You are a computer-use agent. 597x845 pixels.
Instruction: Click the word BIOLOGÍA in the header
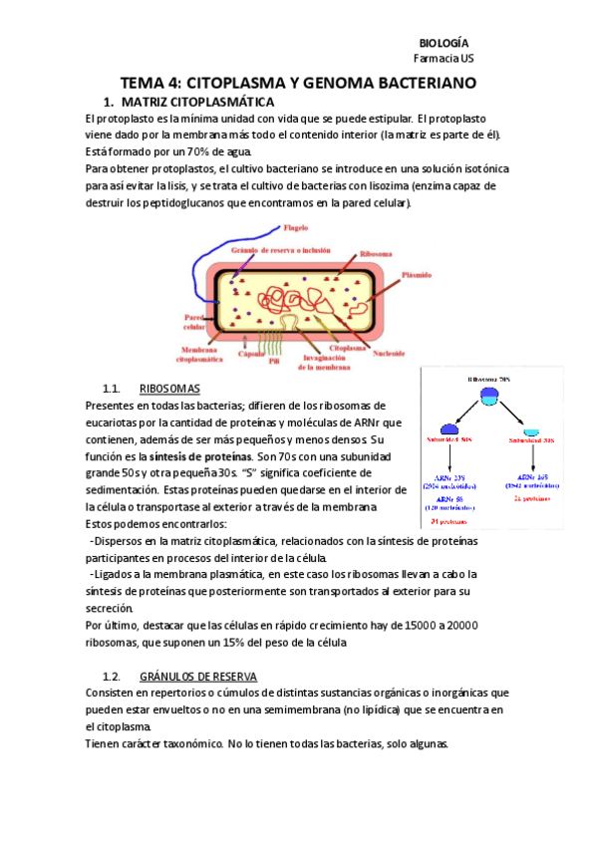point(444,43)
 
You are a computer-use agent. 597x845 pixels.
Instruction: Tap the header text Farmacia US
point(444,59)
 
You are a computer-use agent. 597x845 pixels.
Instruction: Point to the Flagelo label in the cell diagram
point(296,227)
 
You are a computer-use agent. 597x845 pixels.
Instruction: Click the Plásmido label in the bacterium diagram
point(416,274)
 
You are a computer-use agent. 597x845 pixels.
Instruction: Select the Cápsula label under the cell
point(252,353)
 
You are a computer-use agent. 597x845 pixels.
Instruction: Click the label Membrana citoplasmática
point(194,353)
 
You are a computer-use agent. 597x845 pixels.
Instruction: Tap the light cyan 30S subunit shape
point(532,430)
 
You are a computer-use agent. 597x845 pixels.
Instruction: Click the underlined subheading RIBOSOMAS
point(169,388)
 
